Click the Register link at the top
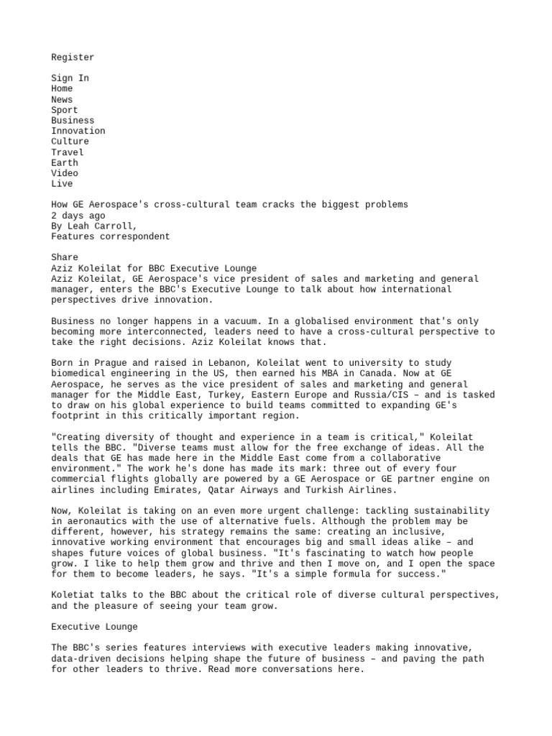coord(73,57)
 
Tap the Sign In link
coord(70,78)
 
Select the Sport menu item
coord(64,110)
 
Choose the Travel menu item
coord(67,152)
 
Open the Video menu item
coord(64,173)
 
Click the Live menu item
coord(62,184)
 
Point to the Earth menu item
coord(64,162)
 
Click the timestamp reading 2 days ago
coord(78,216)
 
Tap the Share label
coord(64,257)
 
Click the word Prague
coord(109,363)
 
